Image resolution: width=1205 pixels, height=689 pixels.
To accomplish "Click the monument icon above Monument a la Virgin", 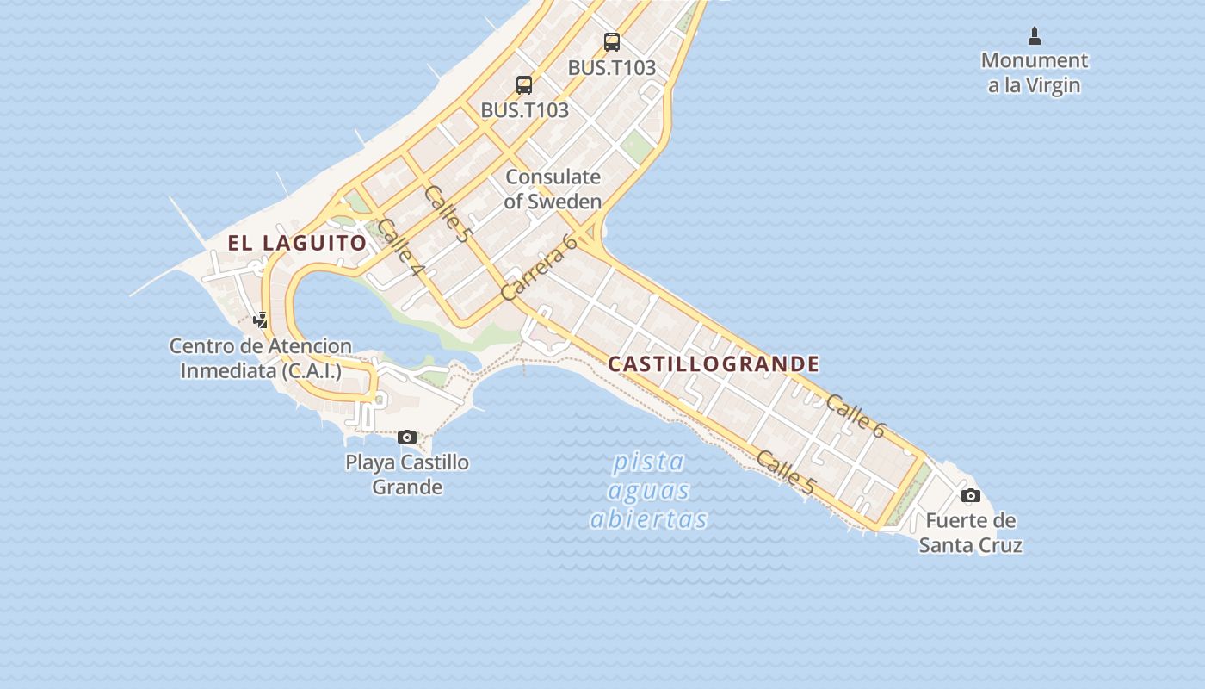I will pos(1035,36).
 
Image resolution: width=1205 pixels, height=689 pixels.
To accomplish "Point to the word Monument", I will pos(1035,60).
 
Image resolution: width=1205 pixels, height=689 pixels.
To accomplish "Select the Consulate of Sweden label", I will pos(553,189).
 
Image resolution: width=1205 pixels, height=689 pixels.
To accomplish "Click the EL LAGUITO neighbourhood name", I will pos(297,243).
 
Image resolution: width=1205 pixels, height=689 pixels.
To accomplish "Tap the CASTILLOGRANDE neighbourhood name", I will pos(714,363).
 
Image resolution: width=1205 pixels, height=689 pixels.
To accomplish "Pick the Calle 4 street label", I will pos(400,247).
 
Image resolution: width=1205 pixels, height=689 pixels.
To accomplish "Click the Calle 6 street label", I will pos(855,416).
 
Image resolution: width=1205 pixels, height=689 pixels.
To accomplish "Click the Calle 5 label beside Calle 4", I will pos(448,214).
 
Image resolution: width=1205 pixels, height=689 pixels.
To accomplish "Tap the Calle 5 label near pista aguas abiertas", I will pos(784,472).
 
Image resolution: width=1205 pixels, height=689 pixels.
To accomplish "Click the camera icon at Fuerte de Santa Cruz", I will pos(970,495).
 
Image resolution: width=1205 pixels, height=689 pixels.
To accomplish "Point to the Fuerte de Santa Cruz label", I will pos(970,532).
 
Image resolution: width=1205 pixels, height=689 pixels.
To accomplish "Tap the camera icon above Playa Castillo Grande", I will pos(407,437).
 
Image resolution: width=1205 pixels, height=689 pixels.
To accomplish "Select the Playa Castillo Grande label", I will pos(407,474).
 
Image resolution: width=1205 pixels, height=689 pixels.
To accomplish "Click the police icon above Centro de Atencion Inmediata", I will pos(260,320).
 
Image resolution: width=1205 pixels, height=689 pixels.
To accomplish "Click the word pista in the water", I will pos(648,462).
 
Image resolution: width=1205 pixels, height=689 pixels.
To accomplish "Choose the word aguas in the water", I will pos(648,491).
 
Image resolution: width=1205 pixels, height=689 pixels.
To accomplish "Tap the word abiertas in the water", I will pos(648,519).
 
